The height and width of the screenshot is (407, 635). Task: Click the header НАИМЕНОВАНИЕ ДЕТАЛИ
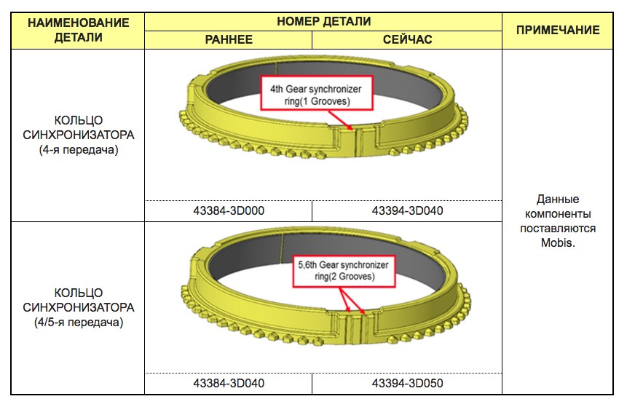pyautogui.click(x=78, y=30)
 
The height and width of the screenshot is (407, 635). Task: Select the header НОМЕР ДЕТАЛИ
pyautogui.click(x=323, y=21)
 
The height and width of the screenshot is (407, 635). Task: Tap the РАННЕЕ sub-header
pyautogui.click(x=229, y=39)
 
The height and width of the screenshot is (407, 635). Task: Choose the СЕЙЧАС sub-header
pyautogui.click(x=407, y=39)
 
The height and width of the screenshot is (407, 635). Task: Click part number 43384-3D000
pyautogui.click(x=229, y=211)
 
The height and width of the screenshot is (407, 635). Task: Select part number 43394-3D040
pyautogui.click(x=407, y=211)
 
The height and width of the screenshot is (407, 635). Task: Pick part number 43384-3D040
pyautogui.click(x=229, y=383)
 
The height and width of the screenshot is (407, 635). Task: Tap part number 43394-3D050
pyautogui.click(x=407, y=383)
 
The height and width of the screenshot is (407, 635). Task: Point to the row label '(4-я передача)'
pyautogui.click(x=78, y=150)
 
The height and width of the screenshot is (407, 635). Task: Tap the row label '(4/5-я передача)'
pyautogui.click(x=78, y=322)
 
